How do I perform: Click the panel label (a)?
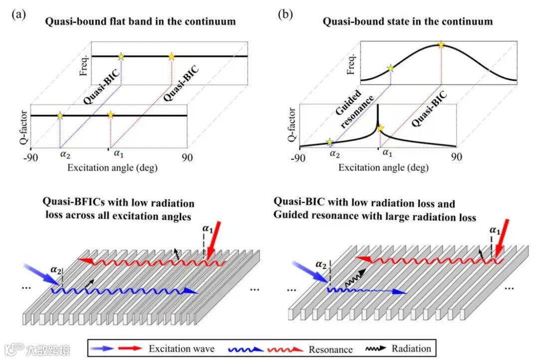tap(18, 14)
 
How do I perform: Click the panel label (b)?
tap(285, 14)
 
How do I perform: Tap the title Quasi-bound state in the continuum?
tap(407, 21)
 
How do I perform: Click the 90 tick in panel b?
tap(456, 157)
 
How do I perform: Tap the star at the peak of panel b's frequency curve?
tap(441, 45)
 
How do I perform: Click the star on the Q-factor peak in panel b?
tap(380, 129)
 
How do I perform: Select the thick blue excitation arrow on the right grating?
tap(310, 273)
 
